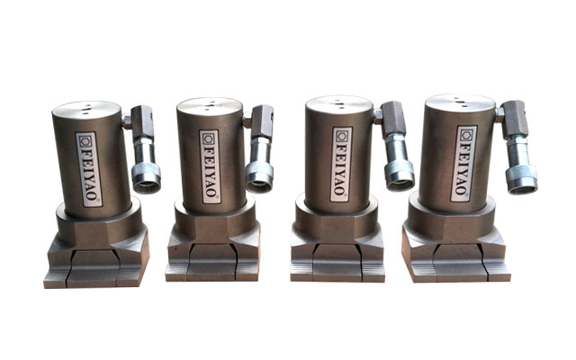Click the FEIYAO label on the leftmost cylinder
(x=88, y=169)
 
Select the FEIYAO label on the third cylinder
(x=341, y=164)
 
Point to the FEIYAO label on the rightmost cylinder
(x=464, y=164)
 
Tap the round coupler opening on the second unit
(x=259, y=182)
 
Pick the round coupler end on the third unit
(x=400, y=180)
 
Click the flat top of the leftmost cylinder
(x=86, y=110)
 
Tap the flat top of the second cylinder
(x=210, y=106)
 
